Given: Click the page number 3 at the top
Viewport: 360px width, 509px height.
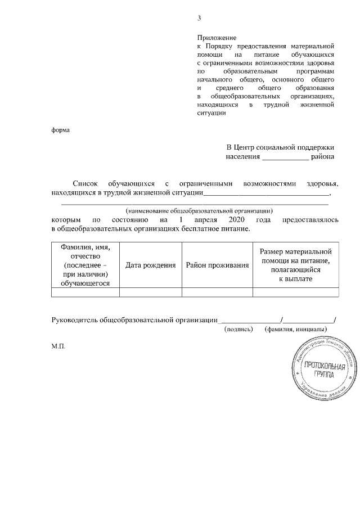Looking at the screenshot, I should pyautogui.click(x=199, y=19).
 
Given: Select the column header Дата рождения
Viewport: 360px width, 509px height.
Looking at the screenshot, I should pyautogui.click(x=150, y=265).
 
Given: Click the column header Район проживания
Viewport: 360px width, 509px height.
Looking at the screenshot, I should pyautogui.click(x=217, y=265).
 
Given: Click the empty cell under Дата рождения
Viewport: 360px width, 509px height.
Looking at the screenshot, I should pyautogui.click(x=150, y=291).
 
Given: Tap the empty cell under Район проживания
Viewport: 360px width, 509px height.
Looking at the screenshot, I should pyautogui.click(x=217, y=291).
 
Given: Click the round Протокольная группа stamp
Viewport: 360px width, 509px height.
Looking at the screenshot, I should pyautogui.click(x=323, y=371).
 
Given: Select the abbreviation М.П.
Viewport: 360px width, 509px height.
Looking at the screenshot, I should pyautogui.click(x=58, y=347).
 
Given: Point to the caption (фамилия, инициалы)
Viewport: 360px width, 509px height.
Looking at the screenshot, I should pyautogui.click(x=296, y=328).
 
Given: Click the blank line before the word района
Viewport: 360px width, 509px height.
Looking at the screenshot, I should pyautogui.click(x=286, y=159).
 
